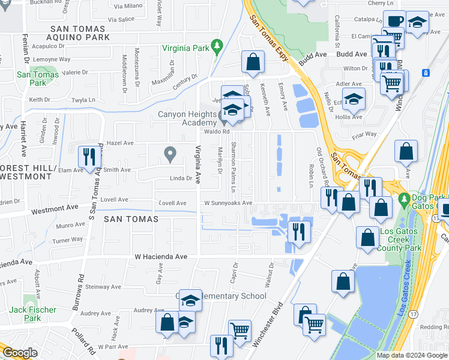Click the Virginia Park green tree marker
pyautogui.click(x=217, y=46)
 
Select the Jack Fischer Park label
pyautogui.click(x=33, y=314)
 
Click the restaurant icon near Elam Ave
pyautogui.click(x=88, y=157)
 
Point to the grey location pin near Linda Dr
pyautogui.click(x=170, y=155)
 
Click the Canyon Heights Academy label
pyautogui.click(x=186, y=119)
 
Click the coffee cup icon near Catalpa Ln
pyautogui.click(x=394, y=21)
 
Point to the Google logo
pyautogui.click(x=20, y=353)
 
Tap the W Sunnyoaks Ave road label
pyautogui.click(x=228, y=203)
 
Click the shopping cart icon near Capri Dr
pyautogui.click(x=240, y=329)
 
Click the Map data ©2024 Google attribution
pyautogui.click(x=411, y=355)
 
